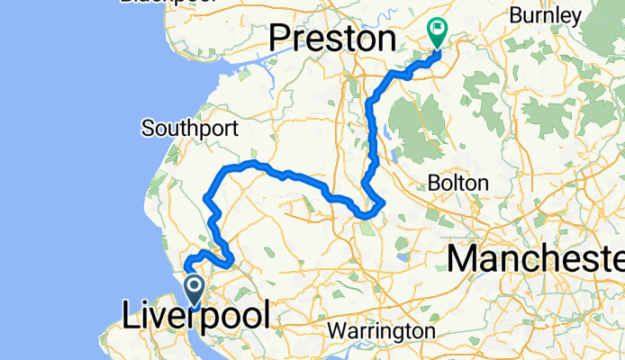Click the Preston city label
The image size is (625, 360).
[x=333, y=39]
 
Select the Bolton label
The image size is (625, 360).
[x=458, y=183]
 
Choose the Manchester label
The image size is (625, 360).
[x=536, y=260]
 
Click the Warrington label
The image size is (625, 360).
[x=380, y=331]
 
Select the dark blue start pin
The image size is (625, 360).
[x=195, y=290]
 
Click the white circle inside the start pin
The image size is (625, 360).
[x=195, y=285]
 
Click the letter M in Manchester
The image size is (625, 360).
[x=463, y=260]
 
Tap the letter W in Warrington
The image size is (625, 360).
[x=337, y=331]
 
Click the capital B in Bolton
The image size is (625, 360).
[x=435, y=183]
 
